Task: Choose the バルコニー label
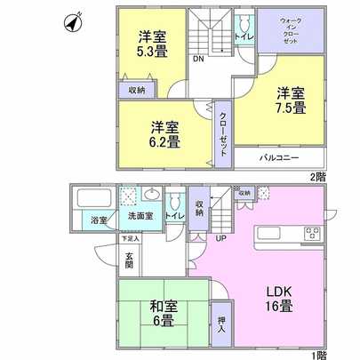(278, 157)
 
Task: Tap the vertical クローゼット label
(221, 133)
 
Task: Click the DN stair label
(197, 60)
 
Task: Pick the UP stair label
(217, 237)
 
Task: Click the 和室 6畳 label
(162, 312)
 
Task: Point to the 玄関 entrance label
(129, 259)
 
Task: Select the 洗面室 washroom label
(140, 216)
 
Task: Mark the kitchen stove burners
(314, 234)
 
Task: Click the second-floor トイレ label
(241, 37)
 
